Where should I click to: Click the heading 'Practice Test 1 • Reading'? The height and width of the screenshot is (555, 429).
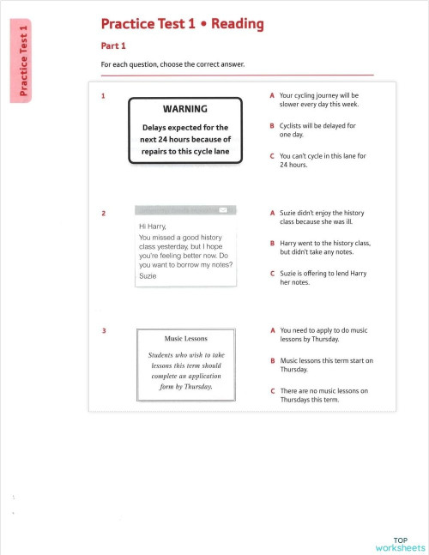click(x=182, y=24)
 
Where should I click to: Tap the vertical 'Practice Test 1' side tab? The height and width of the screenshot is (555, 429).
click(x=24, y=62)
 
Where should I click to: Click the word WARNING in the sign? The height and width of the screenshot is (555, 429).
click(x=184, y=110)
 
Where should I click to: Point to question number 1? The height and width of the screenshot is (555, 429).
click(x=103, y=96)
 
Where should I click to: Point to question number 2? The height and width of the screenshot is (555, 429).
click(x=103, y=213)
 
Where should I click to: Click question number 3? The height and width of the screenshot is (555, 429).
click(x=103, y=331)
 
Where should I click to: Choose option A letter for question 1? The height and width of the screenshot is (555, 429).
click(x=272, y=96)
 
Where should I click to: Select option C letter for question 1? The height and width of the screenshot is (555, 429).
click(x=272, y=156)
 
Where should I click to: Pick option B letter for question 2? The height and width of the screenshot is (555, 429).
click(x=272, y=244)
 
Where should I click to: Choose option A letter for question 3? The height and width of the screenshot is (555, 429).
click(x=272, y=329)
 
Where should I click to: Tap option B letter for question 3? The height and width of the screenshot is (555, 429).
click(x=272, y=361)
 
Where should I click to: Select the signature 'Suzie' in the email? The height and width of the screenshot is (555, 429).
click(x=148, y=276)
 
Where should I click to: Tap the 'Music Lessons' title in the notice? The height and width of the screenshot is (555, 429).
click(x=184, y=339)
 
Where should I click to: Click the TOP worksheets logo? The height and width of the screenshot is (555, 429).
click(x=400, y=543)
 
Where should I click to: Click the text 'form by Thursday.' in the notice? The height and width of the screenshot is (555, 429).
click(x=185, y=386)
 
